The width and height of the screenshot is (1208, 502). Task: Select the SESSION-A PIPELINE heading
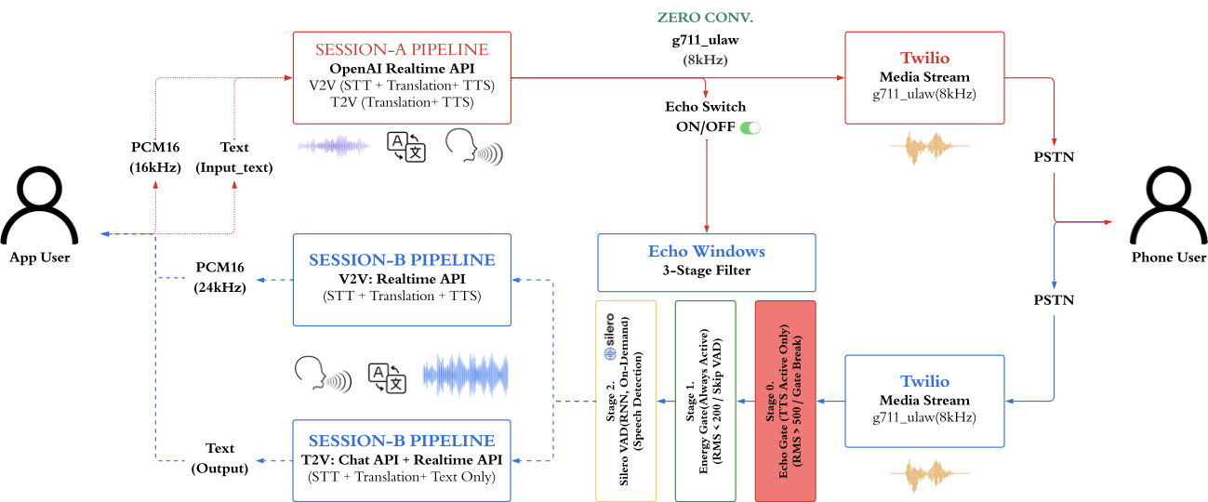point(401,49)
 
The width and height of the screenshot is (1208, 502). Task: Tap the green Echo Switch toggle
point(750,127)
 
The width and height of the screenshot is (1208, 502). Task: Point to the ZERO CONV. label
point(706,18)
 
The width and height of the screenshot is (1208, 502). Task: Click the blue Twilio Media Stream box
point(924,401)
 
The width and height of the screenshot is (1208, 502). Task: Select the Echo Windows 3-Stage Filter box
point(706,261)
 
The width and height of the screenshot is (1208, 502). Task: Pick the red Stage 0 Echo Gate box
point(785,400)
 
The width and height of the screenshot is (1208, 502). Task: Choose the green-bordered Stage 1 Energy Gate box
point(705,400)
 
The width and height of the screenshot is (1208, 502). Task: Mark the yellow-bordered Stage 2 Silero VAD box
point(625,400)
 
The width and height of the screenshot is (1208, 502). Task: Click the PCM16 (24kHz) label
point(220,277)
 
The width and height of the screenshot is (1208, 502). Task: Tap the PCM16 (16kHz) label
point(154,156)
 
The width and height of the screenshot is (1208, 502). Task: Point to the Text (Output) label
point(220,458)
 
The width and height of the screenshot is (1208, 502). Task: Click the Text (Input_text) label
point(233,156)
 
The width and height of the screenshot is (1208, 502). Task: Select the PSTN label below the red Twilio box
point(1054,156)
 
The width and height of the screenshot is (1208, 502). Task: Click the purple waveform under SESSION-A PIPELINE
point(334,146)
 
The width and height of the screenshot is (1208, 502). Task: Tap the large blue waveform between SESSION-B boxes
point(466,375)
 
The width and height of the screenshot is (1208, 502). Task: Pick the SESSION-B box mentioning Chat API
point(401,459)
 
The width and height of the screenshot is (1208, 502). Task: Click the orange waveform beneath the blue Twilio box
point(923,473)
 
